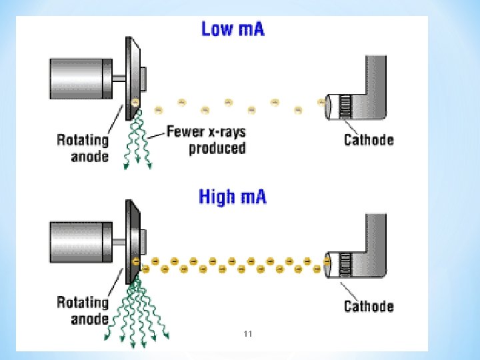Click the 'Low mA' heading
click(233, 30)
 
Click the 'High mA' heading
click(233, 197)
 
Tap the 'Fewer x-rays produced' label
click(207, 140)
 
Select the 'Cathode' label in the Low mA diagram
click(369, 140)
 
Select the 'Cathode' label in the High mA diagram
click(369, 306)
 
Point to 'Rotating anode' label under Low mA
click(83, 147)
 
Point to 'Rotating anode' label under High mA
click(83, 310)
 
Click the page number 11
click(248, 333)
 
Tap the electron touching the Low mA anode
click(135, 102)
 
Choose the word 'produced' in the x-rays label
click(217, 148)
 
